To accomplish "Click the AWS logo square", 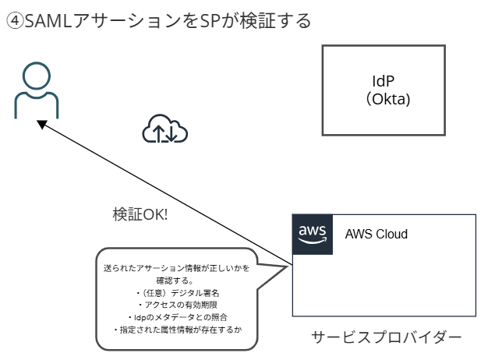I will [x=312, y=234].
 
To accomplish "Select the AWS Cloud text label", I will [x=377, y=234].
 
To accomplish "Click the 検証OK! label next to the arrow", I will [x=140, y=215].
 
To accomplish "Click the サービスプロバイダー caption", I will [x=387, y=337].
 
